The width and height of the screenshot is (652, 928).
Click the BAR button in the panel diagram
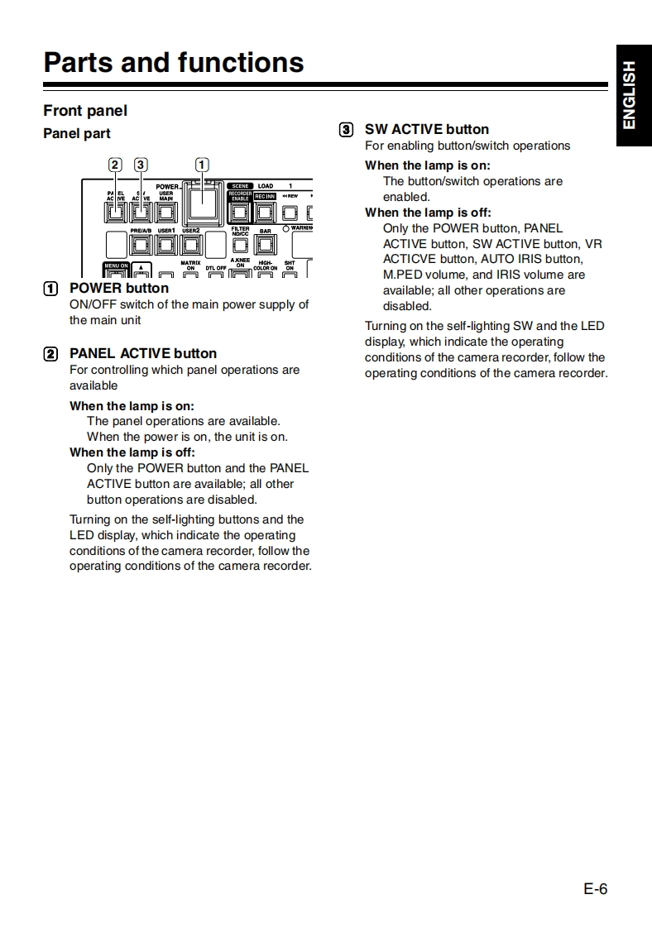(266, 245)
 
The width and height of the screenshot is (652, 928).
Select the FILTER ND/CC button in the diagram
(240, 246)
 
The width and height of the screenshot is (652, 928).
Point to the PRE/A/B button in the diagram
(141, 245)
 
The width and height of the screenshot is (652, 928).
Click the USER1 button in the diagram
(165, 245)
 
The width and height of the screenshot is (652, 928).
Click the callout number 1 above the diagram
(202, 164)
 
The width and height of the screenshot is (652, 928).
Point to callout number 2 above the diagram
(115, 164)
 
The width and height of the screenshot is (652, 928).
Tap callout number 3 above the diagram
(141, 164)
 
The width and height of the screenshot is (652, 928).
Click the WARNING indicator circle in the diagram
(285, 229)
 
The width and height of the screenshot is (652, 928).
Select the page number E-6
(595, 889)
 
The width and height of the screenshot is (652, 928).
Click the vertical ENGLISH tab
(630, 95)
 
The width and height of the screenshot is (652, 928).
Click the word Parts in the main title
(79, 63)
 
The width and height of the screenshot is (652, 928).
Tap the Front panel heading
(85, 111)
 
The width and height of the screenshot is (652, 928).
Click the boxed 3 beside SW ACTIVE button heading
(346, 129)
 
